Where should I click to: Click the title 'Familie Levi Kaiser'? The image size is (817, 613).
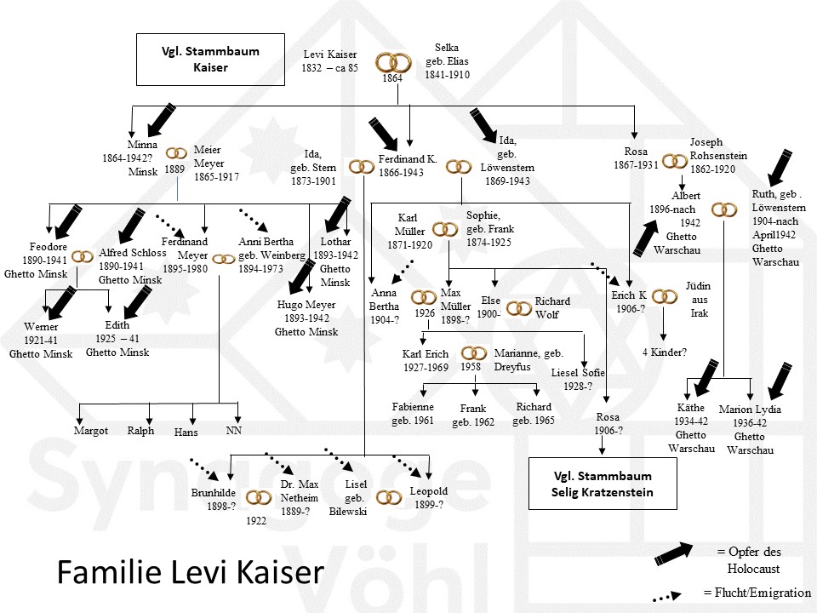(x=190, y=572)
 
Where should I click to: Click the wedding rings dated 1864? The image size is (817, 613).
(x=392, y=62)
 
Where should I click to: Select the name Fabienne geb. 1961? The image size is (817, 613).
(x=413, y=413)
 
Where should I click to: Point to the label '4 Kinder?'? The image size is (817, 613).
(x=665, y=351)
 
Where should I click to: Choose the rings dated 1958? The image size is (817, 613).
(x=474, y=353)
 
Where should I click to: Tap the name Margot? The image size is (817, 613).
(x=91, y=431)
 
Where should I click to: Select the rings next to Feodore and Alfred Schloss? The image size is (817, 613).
(x=83, y=256)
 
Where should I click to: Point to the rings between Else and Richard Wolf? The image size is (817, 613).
(x=517, y=307)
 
